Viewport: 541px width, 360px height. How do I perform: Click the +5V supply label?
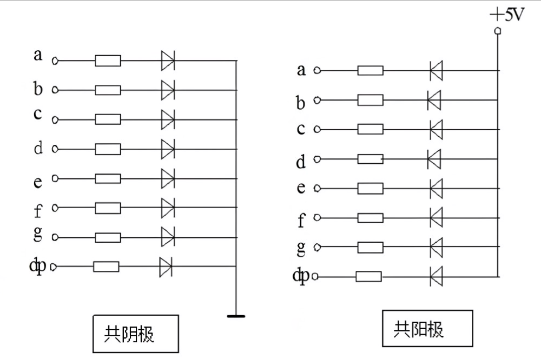coord(507,15)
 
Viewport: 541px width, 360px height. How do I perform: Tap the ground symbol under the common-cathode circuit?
coord(236,316)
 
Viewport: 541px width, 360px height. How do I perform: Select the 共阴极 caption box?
coord(136,334)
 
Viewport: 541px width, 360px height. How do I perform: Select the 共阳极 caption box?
coord(427,328)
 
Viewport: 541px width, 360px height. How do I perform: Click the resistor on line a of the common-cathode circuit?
coord(108,61)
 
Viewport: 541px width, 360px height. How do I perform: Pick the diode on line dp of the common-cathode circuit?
coord(166,266)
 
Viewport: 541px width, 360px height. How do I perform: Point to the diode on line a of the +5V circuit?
coord(437,70)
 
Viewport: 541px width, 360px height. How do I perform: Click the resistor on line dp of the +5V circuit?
coord(368,277)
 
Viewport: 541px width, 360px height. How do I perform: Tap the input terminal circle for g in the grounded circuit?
coord(55,237)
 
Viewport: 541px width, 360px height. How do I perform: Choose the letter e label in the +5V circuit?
coord(301,188)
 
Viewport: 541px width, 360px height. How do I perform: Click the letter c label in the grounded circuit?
coord(38,114)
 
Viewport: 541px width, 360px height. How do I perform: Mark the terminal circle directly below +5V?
coord(498,31)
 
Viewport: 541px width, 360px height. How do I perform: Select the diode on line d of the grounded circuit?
coord(168,149)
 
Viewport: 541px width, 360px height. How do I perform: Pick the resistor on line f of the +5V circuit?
coord(370,218)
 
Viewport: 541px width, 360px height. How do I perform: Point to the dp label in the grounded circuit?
coord(38,266)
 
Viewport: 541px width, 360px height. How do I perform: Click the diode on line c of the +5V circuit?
coord(437,129)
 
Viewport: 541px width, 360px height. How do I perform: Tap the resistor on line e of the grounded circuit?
coord(108,178)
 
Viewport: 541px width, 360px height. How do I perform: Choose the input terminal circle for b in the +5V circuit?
coord(317,100)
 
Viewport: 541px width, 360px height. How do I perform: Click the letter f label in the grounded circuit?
coord(38,210)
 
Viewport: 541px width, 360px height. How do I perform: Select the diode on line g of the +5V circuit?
coord(437,247)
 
